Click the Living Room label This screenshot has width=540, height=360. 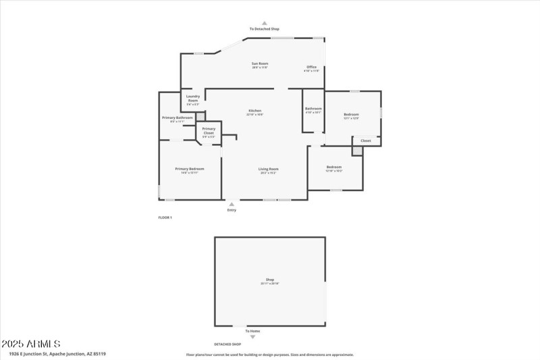pos(268,170)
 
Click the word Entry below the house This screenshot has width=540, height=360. pos(232,210)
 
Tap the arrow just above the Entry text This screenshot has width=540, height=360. pos(232,203)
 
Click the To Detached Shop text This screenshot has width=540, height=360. pos(264,29)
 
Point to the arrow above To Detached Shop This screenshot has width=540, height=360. pos(264,22)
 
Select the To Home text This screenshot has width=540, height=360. pos(252,331)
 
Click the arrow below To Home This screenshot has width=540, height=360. pos(252,337)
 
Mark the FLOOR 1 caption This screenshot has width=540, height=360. pos(165,217)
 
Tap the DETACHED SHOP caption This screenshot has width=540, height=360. pos(227,344)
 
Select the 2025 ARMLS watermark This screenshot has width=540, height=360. pos(31,344)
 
